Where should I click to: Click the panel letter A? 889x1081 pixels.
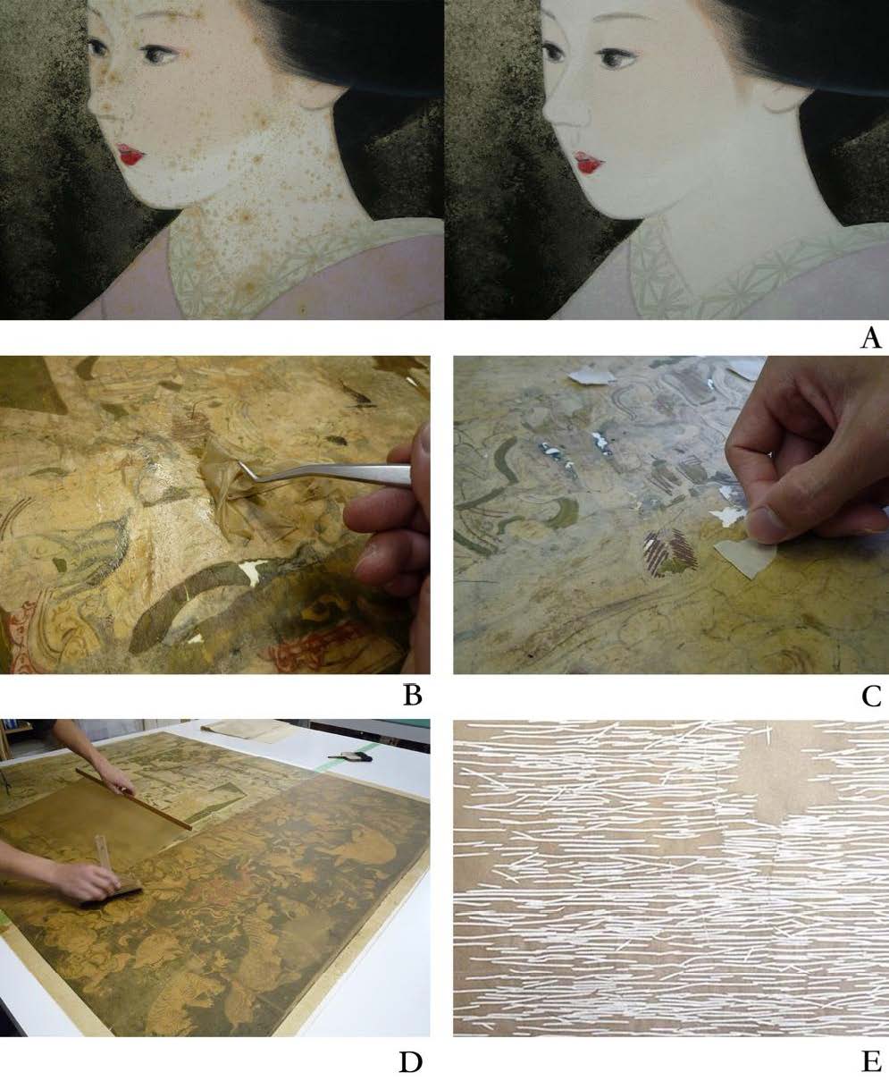coord(871,338)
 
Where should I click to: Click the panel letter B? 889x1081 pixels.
coord(413,696)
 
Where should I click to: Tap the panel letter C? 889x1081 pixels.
coord(872,696)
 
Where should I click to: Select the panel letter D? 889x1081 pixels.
coord(411,1062)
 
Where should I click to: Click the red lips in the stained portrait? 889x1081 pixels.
coord(130,154)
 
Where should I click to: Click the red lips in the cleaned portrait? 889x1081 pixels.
coord(589,162)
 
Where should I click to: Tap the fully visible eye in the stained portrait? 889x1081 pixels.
coord(160,55)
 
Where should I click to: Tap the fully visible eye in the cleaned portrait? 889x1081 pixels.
coord(618,57)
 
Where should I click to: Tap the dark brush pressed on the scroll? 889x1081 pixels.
coord(112,896)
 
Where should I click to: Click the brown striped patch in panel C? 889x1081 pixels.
coord(671,554)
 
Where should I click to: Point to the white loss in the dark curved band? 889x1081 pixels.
coord(252,568)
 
